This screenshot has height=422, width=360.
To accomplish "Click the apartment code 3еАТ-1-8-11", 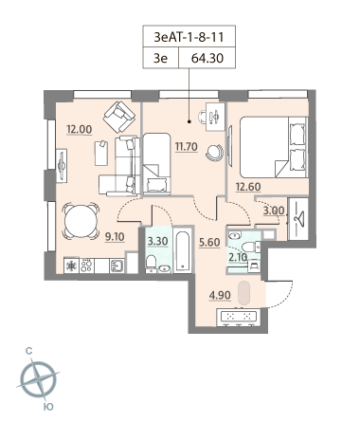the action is pos(189,37).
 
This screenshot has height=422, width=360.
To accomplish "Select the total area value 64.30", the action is pos(207,58).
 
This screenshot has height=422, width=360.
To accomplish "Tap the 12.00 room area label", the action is pos(80,129).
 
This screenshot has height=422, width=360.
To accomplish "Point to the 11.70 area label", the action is pos(187,147).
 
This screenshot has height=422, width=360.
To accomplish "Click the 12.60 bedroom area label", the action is pos(248,187).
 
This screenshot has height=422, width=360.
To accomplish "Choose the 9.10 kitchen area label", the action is pos(115,236).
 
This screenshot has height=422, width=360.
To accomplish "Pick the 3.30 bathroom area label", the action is pos(157,241).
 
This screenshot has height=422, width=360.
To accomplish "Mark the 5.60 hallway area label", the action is pos(209,242).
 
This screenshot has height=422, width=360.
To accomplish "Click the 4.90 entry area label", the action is pos(220,295).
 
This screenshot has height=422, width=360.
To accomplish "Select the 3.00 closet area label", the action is pos(274,211).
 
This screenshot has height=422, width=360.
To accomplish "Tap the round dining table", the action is pos(81,221).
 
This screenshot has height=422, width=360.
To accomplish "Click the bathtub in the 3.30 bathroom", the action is pos(183,251).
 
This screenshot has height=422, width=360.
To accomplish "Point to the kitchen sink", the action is pos(117,266).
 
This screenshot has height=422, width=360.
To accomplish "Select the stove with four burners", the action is pos(86,266).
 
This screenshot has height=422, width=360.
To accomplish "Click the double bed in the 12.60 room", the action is pos(274,147).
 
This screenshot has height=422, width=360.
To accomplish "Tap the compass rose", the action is pos(38,378).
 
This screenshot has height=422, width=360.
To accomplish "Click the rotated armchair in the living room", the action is pos(119,117).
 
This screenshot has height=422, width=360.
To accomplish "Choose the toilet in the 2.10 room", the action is pos(252,247).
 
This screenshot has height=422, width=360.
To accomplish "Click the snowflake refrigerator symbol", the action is pos(72,266).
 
